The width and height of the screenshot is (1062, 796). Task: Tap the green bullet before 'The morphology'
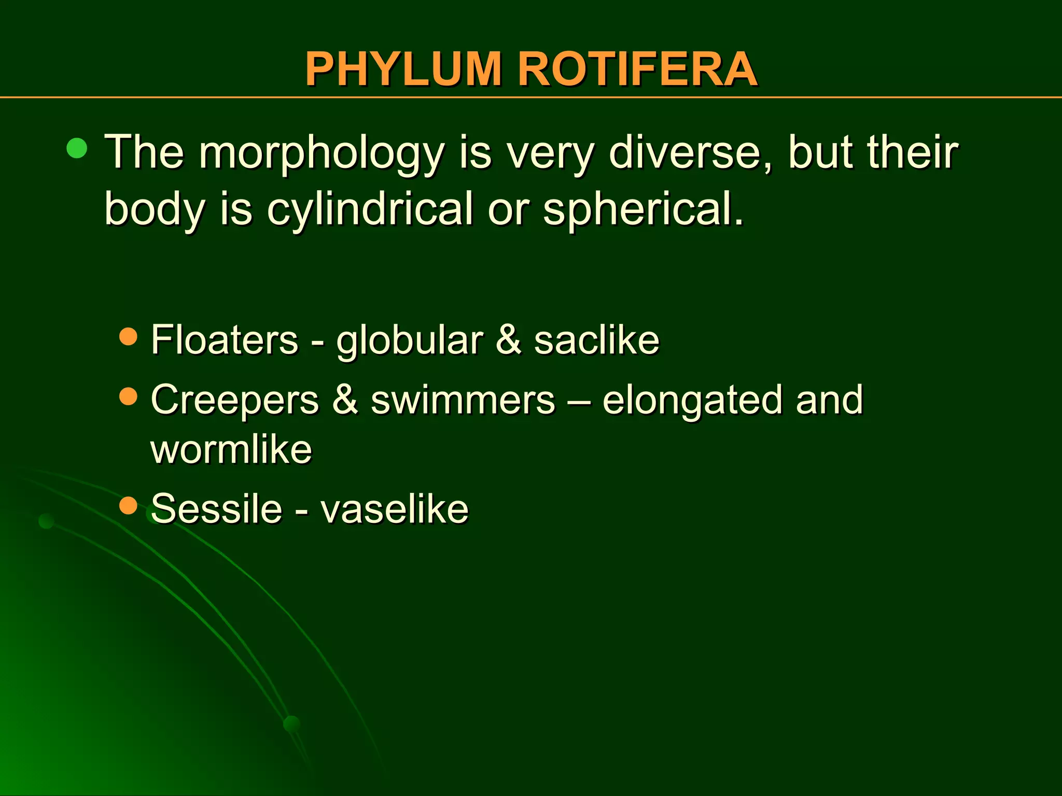pyautogui.click(x=77, y=149)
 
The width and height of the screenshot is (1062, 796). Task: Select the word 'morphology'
pyautogui.click(x=322, y=153)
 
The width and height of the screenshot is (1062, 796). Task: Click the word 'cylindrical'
pyautogui.click(x=370, y=208)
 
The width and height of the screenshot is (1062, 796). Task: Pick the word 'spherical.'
pyautogui.click(x=643, y=208)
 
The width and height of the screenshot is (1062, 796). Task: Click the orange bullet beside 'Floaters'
pyautogui.click(x=128, y=337)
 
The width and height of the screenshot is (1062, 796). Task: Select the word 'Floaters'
pyautogui.click(x=225, y=339)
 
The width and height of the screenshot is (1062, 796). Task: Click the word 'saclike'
pyautogui.click(x=596, y=339)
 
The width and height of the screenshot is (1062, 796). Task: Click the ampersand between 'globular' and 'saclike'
pyautogui.click(x=508, y=339)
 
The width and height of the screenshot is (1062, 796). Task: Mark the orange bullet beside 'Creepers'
pyautogui.click(x=128, y=397)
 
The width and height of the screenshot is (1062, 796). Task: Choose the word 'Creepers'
pyautogui.click(x=234, y=400)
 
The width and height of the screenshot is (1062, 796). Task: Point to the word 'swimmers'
pyautogui.click(x=463, y=400)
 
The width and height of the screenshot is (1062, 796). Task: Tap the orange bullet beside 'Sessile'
pyautogui.click(x=128, y=505)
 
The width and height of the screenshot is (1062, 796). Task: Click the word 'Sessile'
pyautogui.click(x=216, y=508)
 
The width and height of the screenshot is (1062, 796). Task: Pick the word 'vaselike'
pyautogui.click(x=394, y=508)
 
